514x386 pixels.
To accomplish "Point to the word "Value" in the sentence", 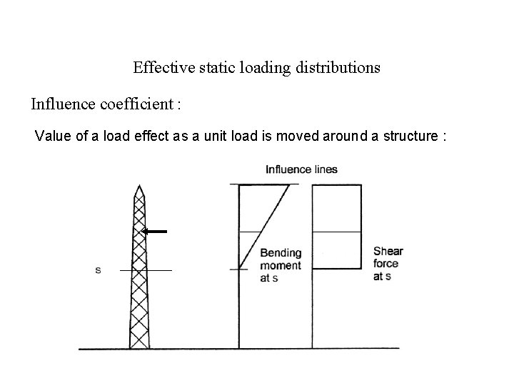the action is (51, 136).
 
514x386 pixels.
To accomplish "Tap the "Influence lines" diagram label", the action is (301, 169).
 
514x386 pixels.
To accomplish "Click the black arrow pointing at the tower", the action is (153, 232).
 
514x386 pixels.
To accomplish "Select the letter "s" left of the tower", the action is (98, 270).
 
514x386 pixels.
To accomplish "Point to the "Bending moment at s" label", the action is (281, 265).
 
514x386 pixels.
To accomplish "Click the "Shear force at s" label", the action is (388, 263).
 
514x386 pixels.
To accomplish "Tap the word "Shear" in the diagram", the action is (388, 251).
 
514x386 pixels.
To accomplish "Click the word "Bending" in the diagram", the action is (281, 253).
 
